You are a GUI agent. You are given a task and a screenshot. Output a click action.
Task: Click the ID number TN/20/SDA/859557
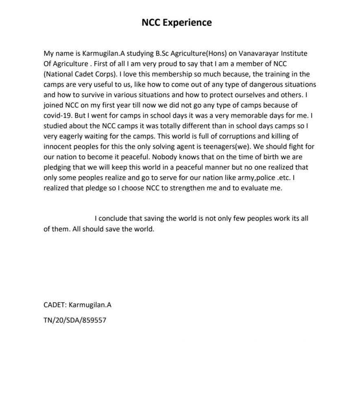(75, 320)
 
